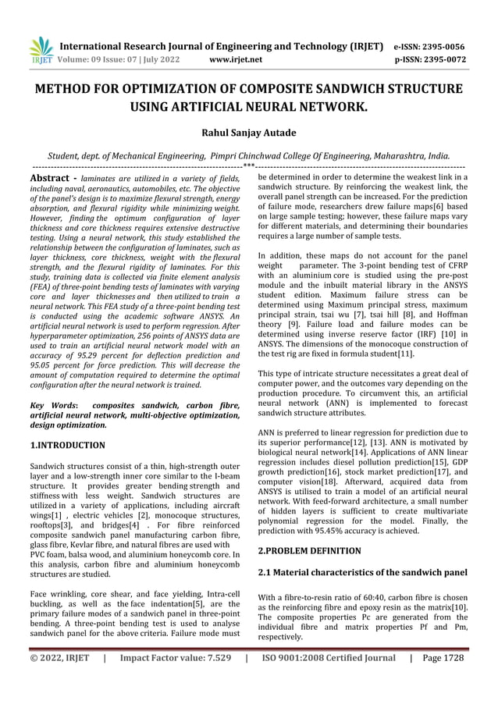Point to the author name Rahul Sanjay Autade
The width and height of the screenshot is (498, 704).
tap(249, 133)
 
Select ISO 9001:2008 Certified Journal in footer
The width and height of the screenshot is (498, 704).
tap(328, 658)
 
